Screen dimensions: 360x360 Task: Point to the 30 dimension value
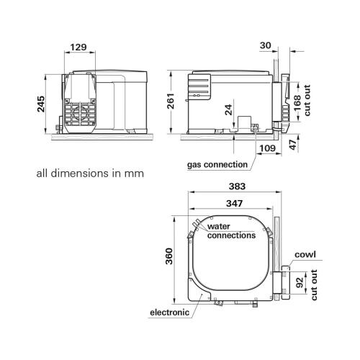pos(266,45)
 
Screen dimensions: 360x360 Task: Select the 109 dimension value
pos(266,148)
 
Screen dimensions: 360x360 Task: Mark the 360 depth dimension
pos(168,258)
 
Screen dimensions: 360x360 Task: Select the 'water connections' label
pos(231,230)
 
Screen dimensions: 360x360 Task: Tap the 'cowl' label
pos(305,255)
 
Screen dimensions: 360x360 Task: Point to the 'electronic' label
pos(169,312)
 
